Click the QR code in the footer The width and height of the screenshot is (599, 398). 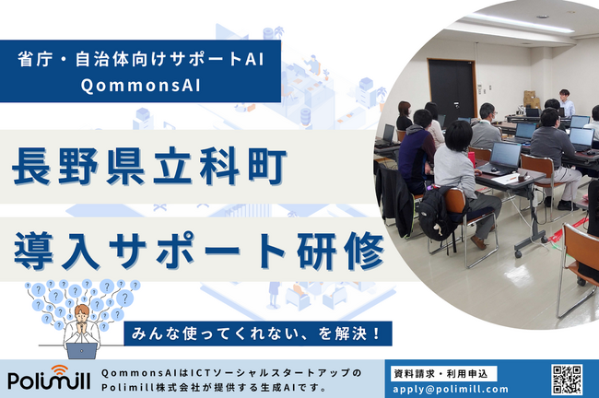point(567,378)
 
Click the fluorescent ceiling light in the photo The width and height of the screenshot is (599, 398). point(516,20)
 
